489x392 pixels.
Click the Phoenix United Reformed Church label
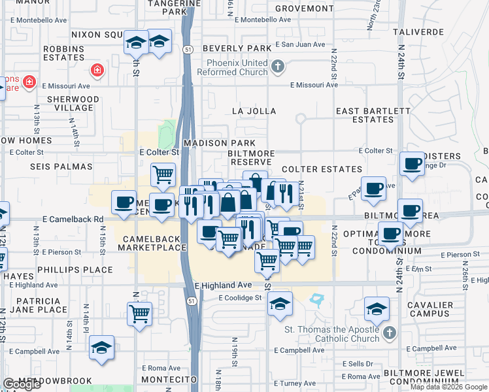pos(237,67)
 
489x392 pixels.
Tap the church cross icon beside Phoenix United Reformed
pos(278,67)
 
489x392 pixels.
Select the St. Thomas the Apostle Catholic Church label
pos(331,333)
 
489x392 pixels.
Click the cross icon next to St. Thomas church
pos(389,333)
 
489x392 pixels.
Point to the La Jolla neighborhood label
pos(254,112)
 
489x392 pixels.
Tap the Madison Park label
pos(214,142)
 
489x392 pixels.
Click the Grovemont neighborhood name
pos(304,8)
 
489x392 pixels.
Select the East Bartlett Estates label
pos(373,116)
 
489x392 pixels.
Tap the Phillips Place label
pos(75,270)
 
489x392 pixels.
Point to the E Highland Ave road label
pos(223,285)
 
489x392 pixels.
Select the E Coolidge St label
pos(240,298)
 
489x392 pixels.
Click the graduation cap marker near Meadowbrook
pos(102,348)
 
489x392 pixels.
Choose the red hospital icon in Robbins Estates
pos(97,70)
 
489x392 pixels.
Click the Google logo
pos(22,385)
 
